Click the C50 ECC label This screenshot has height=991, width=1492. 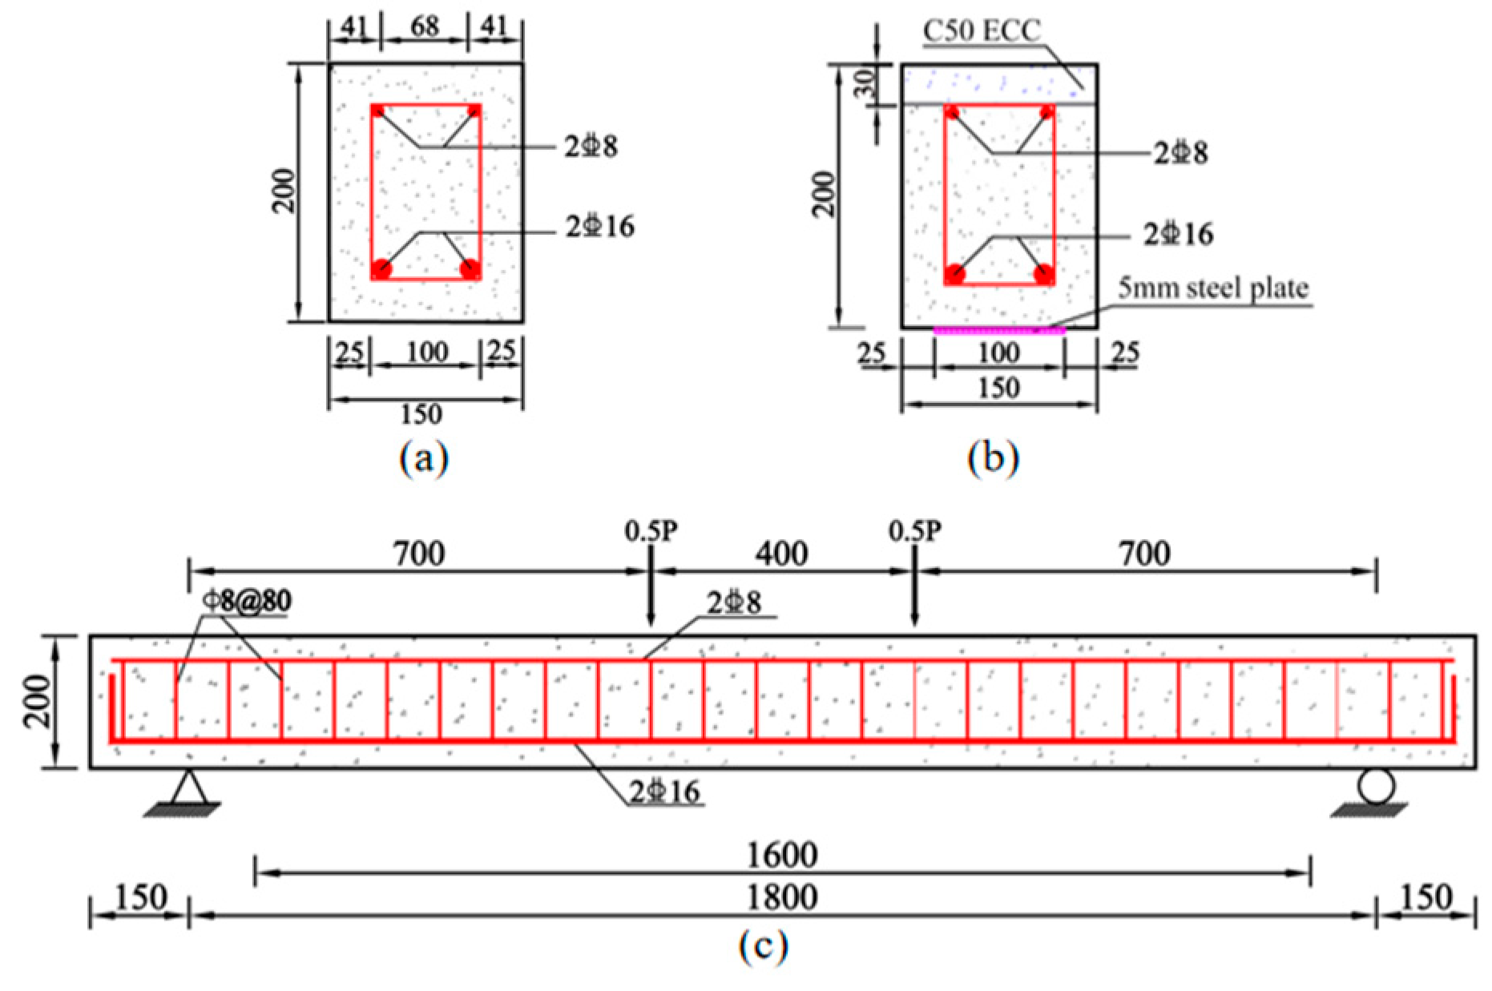(982, 31)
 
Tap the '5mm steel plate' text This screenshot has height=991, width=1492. (1213, 288)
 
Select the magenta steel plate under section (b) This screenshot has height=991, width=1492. (999, 330)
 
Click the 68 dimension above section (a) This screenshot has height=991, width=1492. (425, 26)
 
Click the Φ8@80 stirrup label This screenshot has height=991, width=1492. (247, 601)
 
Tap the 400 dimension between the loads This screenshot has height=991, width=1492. (782, 554)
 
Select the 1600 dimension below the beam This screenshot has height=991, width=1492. (782, 856)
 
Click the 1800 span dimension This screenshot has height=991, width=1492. (782, 897)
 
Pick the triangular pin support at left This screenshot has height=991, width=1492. (189, 788)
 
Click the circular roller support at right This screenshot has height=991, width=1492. (1375, 787)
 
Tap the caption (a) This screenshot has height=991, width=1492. (424, 459)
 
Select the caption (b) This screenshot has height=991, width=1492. (993, 459)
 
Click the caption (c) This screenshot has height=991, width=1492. (763, 946)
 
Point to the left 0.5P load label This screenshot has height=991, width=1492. (651, 530)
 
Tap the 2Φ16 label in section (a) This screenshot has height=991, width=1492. (600, 228)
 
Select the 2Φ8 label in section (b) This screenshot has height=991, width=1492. (1180, 153)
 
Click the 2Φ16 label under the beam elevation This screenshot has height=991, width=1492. (665, 792)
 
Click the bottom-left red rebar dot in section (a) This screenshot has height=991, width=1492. (381, 269)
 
